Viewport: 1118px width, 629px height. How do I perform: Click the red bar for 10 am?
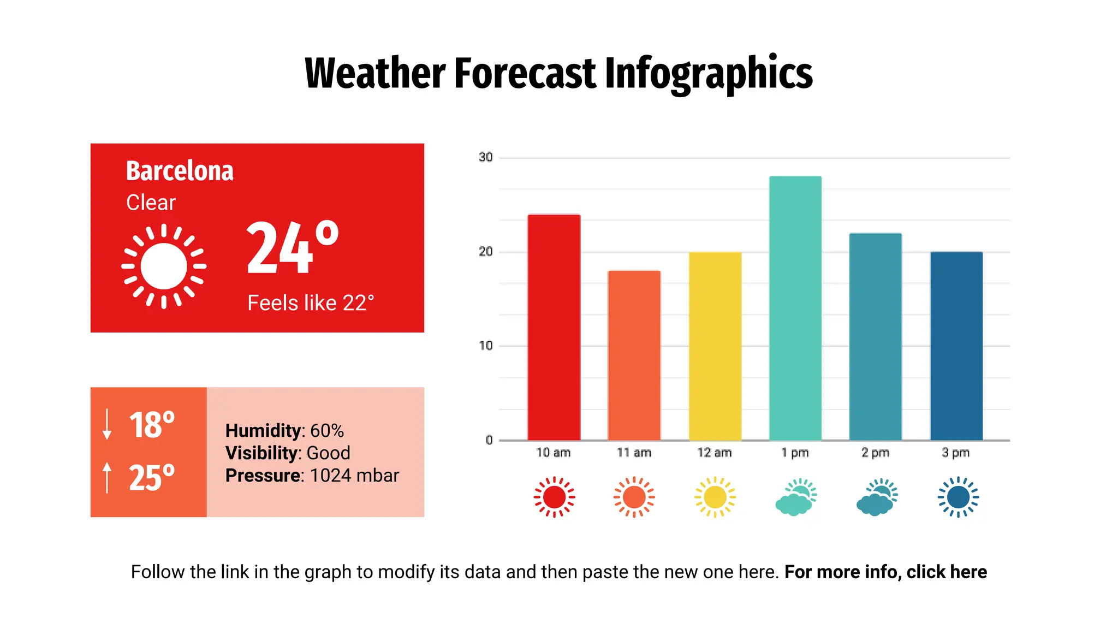click(x=554, y=328)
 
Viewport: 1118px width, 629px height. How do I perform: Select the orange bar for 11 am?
click(x=634, y=355)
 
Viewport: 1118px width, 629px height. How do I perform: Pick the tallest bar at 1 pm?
click(x=795, y=308)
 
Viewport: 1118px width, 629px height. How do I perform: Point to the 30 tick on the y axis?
click(x=485, y=158)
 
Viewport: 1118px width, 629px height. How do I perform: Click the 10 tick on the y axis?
click(x=485, y=346)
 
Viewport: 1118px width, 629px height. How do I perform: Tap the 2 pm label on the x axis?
click(x=875, y=453)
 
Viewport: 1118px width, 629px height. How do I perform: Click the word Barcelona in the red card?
click(x=180, y=171)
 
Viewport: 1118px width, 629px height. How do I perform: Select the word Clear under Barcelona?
click(x=151, y=203)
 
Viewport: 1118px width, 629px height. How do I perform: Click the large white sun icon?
click(x=164, y=266)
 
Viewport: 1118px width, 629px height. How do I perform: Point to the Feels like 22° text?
click(x=311, y=303)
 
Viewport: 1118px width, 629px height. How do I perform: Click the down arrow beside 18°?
click(x=107, y=424)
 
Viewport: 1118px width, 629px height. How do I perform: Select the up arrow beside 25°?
click(x=107, y=477)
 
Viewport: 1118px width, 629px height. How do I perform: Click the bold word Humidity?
click(x=262, y=431)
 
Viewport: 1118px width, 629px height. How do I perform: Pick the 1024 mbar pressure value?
click(x=354, y=476)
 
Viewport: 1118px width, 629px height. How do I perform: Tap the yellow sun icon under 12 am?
click(x=715, y=497)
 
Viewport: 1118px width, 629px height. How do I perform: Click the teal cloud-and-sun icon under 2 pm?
click(x=876, y=497)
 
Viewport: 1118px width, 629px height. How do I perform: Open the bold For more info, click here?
click(x=885, y=572)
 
